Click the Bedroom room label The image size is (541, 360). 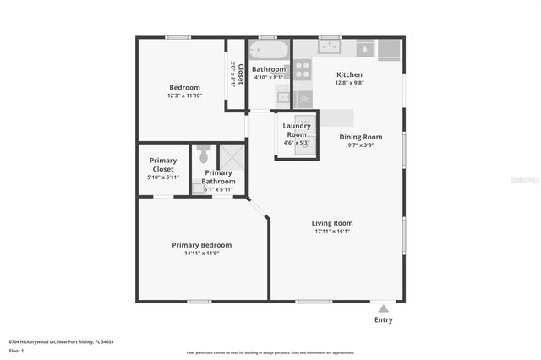coord(184,87)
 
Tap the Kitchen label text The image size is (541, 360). coord(349,74)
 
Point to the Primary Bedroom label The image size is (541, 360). coord(201,245)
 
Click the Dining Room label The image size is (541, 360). coord(361,137)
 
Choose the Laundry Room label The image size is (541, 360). coord(297,130)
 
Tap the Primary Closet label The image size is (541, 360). coord(162,165)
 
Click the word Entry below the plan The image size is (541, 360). coord(383,320)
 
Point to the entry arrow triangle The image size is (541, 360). coord(384,308)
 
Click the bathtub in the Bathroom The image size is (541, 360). coord(268,50)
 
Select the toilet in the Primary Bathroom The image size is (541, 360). coord(203,155)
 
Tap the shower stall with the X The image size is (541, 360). coord(232,157)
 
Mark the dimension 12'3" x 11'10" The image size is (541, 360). coord(184,95)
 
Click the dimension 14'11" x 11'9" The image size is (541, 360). coord(201,254)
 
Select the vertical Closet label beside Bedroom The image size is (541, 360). coord(241,74)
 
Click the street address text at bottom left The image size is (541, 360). coord(61,342)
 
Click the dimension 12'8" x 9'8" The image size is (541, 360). coord(349,83)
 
